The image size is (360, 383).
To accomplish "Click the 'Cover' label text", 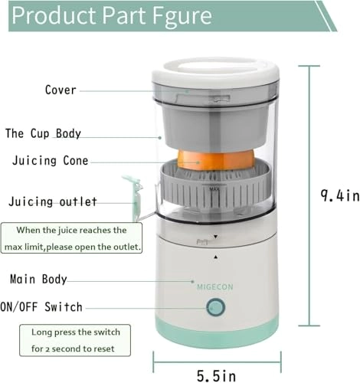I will coord(61,90).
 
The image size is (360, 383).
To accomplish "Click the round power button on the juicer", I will coord(215,308).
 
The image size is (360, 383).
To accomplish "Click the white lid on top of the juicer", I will coord(214,76).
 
